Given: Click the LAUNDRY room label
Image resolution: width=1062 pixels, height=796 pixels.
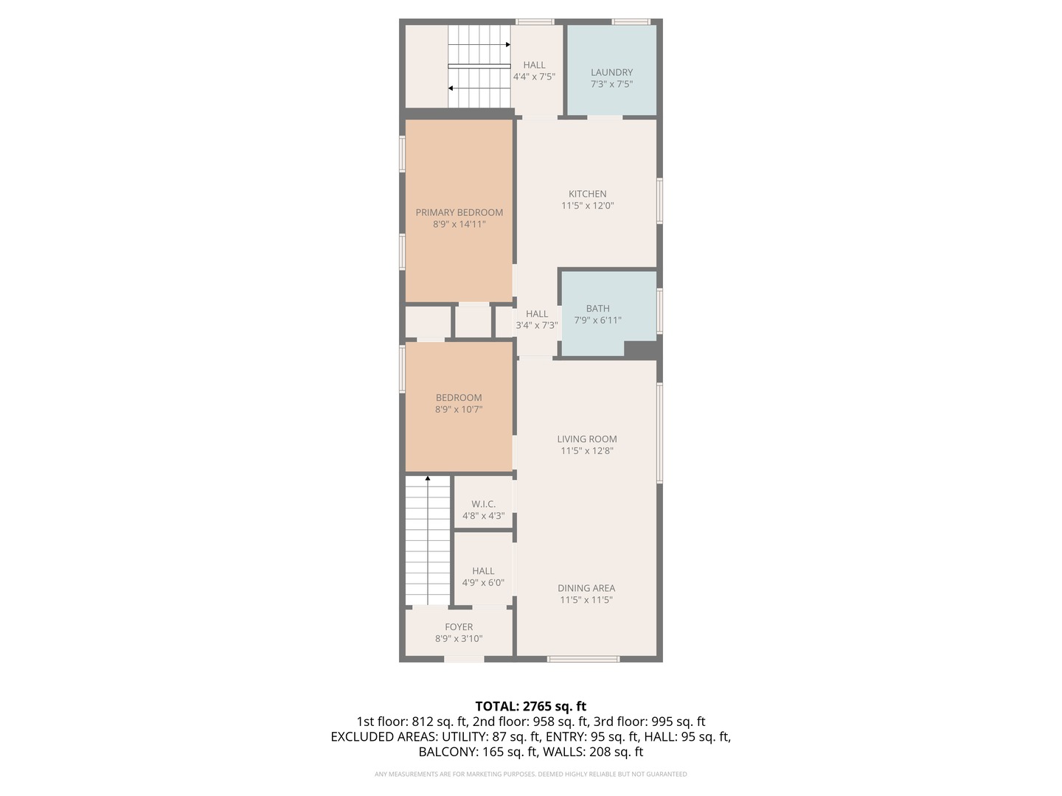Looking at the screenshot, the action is pos(611,72).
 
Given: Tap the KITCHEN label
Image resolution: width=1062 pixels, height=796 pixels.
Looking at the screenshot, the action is pos(587,194).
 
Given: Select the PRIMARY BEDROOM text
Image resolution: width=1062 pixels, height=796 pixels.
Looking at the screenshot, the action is pos(459,213).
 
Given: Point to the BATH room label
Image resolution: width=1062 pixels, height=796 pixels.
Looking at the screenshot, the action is pos(597,308).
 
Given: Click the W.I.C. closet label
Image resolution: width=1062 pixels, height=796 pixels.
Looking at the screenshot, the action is pos(483,504).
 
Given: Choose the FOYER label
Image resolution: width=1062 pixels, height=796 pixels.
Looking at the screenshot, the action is pos(459,626).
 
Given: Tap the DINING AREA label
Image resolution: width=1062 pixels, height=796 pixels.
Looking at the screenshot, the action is pos(586,588).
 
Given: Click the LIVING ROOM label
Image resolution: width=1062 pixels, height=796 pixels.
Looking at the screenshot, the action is pos(587,439).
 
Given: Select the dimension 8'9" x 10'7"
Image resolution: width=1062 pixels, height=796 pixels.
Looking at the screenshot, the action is pos(459,410).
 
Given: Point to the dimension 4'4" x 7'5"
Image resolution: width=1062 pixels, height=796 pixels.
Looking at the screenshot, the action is pos(534,77).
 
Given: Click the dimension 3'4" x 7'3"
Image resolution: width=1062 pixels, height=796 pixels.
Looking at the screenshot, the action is pos(537,326).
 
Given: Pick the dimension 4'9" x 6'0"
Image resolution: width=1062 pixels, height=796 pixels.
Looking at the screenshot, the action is pos(483,583).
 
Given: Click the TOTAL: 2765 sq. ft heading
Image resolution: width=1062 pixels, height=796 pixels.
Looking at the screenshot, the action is pos(531,707).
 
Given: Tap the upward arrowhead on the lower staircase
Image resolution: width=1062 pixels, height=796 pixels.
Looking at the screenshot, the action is pos(428,478).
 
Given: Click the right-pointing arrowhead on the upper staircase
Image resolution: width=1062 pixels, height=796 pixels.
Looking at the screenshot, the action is pos(508,45).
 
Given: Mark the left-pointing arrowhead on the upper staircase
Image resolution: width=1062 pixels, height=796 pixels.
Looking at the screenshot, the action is pos(451,88).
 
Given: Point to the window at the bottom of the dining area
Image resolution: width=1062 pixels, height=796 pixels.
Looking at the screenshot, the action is pos(583,659).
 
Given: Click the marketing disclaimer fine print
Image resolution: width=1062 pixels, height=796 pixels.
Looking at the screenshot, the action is pos(531,774).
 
